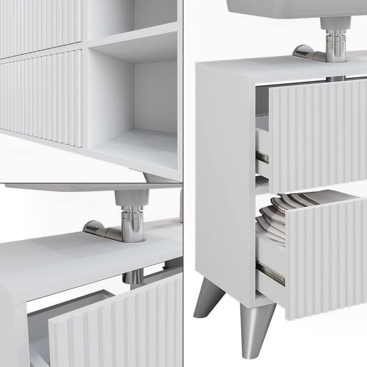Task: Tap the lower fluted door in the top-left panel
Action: point(42,97)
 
